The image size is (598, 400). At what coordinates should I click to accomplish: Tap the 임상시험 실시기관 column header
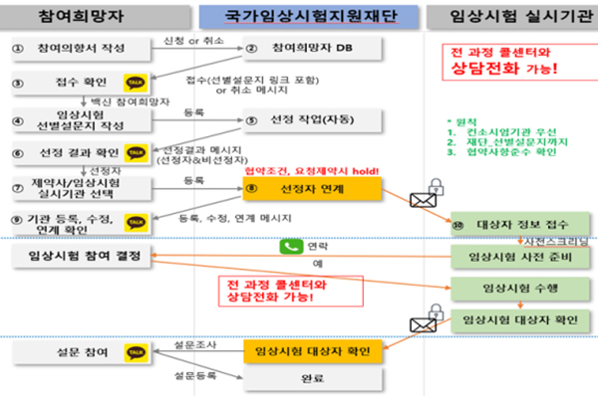[x=503, y=17]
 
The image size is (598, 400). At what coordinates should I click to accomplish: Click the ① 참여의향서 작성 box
[x=75, y=48]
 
